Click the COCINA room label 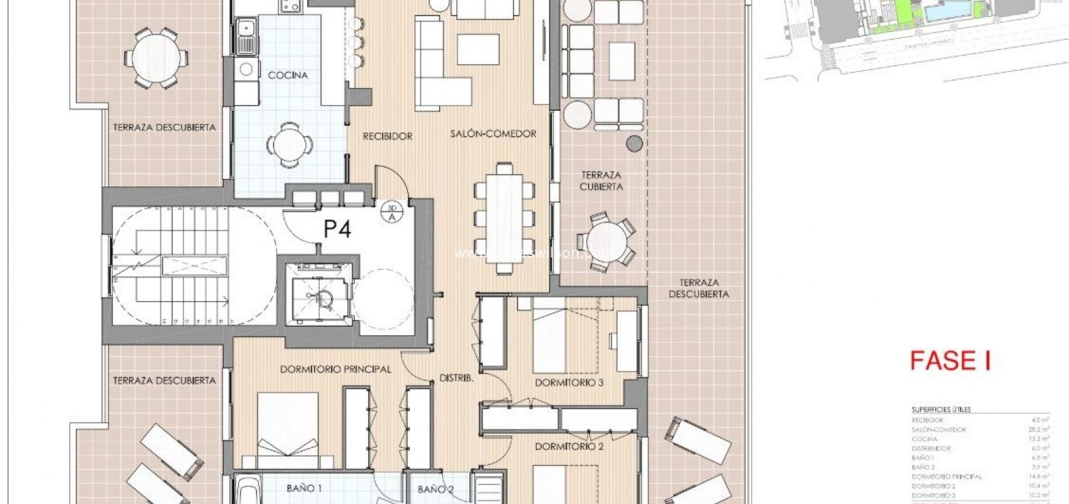[287, 75]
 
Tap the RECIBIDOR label [388, 136]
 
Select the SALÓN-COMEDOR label [493, 134]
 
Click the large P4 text [337, 229]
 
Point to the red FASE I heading [951, 361]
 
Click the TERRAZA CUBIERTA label [601, 181]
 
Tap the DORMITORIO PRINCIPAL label [335, 369]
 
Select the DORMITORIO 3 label [569, 383]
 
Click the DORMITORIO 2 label [569, 447]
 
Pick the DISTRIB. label [456, 378]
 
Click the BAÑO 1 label [304, 488]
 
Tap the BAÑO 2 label [435, 489]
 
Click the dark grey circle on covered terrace [634, 143]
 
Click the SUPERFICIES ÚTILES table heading [940, 409]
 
